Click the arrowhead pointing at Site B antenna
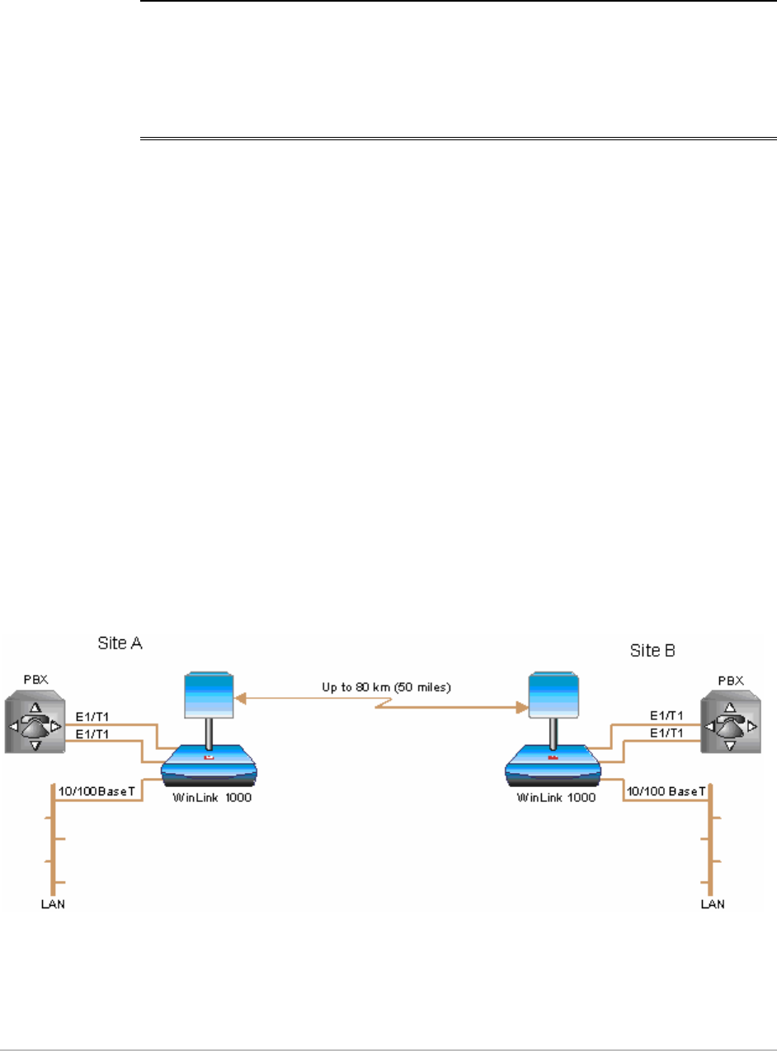point(521,707)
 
